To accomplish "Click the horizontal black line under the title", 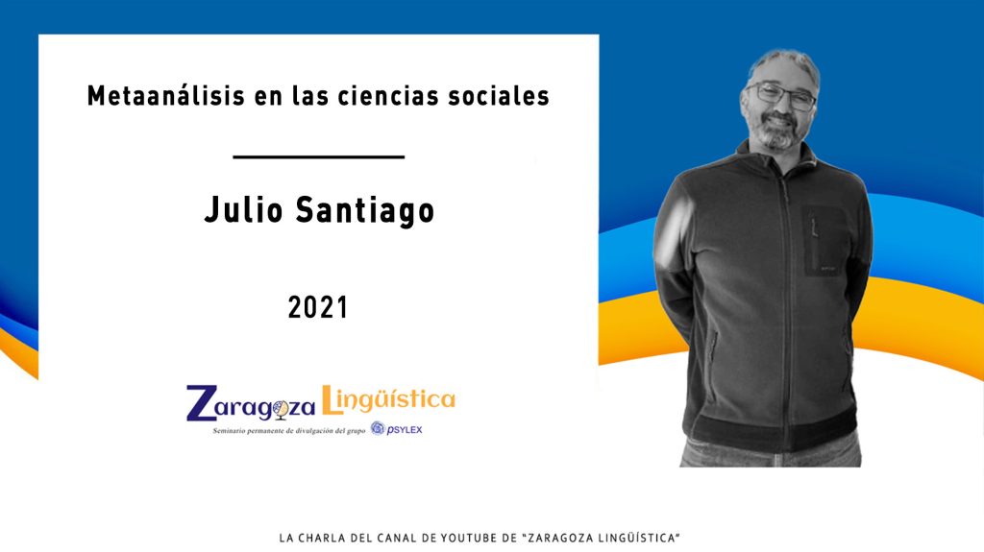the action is (319, 156).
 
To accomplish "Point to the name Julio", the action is (243, 210).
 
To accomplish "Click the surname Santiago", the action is (365, 211).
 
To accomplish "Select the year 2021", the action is (318, 307).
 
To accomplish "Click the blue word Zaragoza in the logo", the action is (251, 404).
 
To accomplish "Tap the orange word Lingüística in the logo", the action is (388, 399).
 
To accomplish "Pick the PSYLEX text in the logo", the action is (405, 430).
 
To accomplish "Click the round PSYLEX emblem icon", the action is (377, 428).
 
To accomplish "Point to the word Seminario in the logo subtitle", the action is (226, 431).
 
